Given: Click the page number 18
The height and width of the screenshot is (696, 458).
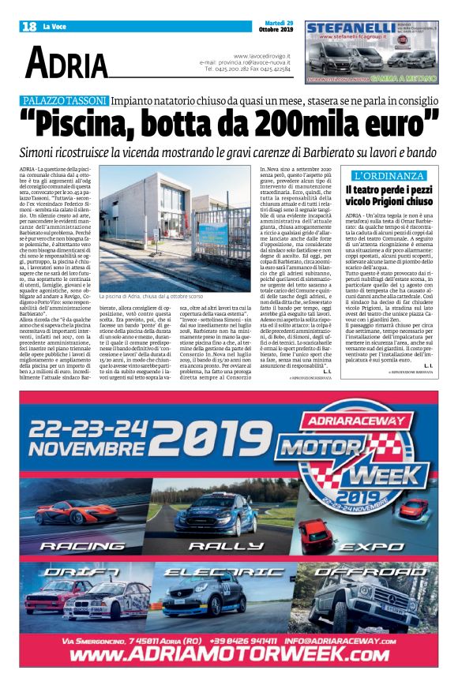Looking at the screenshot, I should click(x=30, y=26).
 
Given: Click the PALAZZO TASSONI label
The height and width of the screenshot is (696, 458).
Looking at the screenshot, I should click(x=66, y=100).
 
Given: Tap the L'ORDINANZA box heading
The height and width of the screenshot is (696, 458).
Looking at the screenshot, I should click(x=389, y=175).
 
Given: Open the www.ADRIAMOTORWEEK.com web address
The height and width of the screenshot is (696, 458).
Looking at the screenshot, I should click(x=228, y=654).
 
